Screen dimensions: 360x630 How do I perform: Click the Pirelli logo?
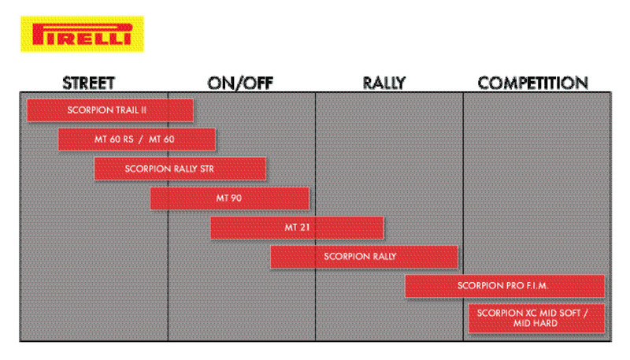[81, 34]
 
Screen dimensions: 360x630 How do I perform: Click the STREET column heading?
[89, 84]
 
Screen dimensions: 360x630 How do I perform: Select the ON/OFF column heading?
[240, 84]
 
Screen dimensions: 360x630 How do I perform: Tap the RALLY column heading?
[387, 84]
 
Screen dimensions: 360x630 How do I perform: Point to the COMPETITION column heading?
[533, 84]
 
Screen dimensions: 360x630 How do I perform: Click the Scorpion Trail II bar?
[109, 110]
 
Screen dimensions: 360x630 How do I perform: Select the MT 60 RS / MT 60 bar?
[136, 139]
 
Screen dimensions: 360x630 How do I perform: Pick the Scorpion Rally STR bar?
[180, 169]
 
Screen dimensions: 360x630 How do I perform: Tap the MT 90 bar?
[229, 199]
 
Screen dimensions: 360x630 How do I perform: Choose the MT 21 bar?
[297, 228]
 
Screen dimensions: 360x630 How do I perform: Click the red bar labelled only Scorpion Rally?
[364, 257]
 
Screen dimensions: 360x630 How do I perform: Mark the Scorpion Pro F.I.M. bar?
[504, 286]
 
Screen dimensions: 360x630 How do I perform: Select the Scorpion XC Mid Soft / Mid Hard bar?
[536, 318]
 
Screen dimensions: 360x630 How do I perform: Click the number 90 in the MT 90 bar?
[235, 199]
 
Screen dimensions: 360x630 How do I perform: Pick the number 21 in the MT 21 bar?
[303, 228]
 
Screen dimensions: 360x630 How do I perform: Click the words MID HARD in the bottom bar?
[536, 324]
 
